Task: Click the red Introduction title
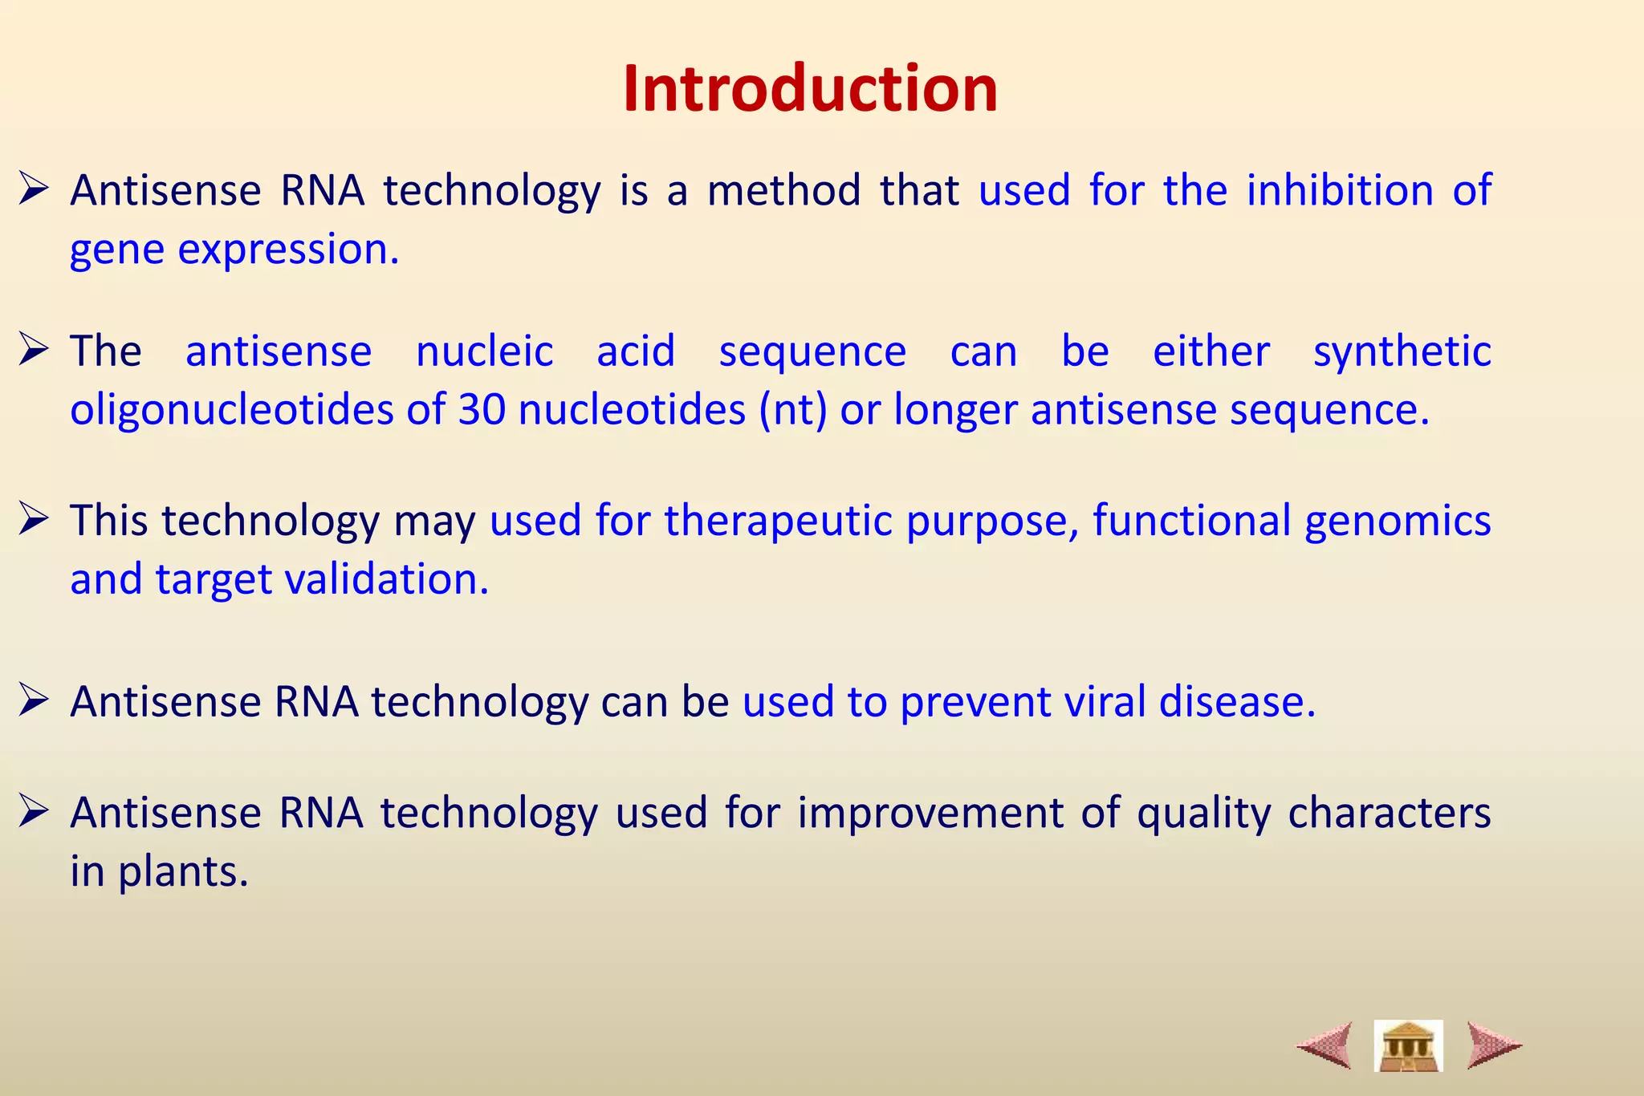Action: point(810,88)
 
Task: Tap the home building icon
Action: point(1408,1045)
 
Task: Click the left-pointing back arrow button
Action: point(1325,1045)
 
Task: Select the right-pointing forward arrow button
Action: point(1493,1045)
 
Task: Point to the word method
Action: point(783,191)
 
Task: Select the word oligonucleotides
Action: point(231,410)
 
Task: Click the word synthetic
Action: point(1402,351)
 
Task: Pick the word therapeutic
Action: point(779,521)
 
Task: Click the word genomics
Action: point(1398,521)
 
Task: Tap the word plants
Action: point(183,872)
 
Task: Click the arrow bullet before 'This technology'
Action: point(35,519)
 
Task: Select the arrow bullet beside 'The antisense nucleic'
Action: point(35,350)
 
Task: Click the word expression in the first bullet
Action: point(287,250)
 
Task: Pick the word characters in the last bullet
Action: point(1389,813)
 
